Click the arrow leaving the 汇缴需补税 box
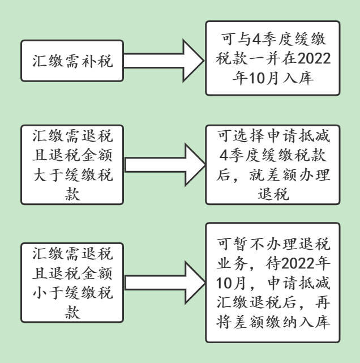point(164,61)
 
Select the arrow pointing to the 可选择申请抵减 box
point(165,165)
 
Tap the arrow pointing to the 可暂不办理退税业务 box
point(165,283)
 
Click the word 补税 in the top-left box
point(97,61)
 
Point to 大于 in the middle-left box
point(48,175)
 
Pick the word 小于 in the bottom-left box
point(48,293)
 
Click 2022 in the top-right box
point(314,58)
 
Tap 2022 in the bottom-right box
point(298,264)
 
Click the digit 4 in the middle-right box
point(224,155)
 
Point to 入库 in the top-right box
point(298,78)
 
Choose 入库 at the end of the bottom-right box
point(314,322)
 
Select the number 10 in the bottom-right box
point(224,283)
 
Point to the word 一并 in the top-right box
point(265,58)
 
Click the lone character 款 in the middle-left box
point(72,194)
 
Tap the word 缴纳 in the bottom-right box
point(281,322)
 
